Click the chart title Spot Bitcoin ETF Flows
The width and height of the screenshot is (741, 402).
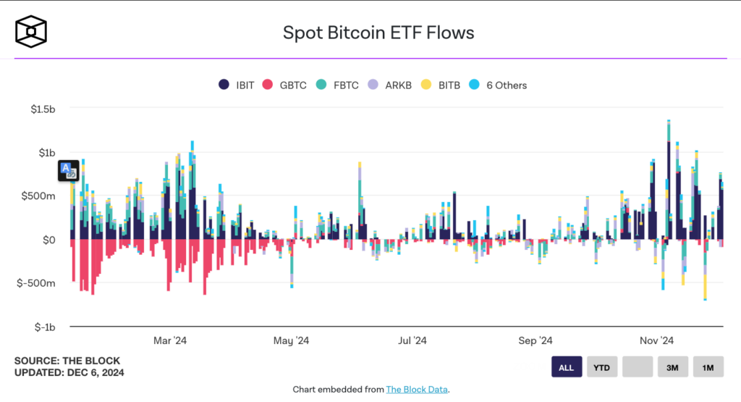[x=378, y=33]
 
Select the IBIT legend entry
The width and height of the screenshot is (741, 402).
[x=236, y=85]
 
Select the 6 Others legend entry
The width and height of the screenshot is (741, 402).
[x=498, y=85]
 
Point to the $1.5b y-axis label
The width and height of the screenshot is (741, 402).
[x=43, y=109]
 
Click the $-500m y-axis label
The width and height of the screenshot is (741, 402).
[x=37, y=283]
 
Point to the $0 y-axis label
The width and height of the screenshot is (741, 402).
[x=48, y=240]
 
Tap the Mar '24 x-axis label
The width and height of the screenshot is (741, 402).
[x=171, y=340]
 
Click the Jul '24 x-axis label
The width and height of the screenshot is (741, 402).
[x=412, y=340]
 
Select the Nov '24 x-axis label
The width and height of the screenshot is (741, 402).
[x=656, y=340]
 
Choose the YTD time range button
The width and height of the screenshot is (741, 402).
[x=601, y=367]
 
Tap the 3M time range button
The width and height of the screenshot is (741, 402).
[x=672, y=367]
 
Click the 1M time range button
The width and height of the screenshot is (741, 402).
[x=708, y=367]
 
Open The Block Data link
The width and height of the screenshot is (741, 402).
[x=417, y=390]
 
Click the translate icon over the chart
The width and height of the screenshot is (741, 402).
[x=69, y=171]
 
